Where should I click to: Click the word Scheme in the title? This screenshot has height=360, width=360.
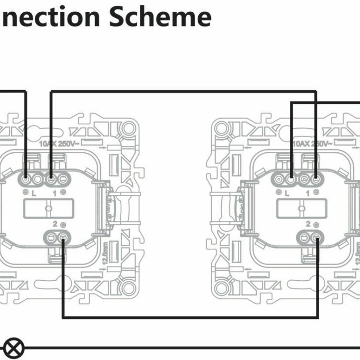click(160, 16)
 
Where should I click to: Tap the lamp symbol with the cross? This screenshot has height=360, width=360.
click(15, 349)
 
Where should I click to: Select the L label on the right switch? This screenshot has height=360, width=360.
click(287, 194)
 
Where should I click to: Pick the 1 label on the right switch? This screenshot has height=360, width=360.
click(308, 194)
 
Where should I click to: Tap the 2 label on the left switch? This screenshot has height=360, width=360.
click(54, 224)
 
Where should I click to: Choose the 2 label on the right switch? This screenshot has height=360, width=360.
click(308, 224)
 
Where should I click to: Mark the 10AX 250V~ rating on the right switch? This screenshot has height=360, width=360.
click(312, 144)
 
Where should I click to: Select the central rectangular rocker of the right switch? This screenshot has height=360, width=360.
click(302, 208)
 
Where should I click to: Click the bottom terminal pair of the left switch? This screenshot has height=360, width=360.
click(56, 238)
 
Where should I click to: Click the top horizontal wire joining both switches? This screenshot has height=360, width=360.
click(181, 91)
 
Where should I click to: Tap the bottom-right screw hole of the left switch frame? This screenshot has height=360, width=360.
click(128, 289)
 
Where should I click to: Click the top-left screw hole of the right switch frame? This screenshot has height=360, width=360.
click(222, 129)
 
